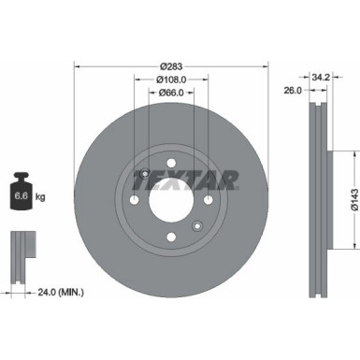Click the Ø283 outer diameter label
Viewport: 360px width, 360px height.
[170, 65]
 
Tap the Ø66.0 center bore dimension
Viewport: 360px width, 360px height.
[170, 94]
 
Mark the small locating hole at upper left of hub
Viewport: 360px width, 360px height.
[146, 172]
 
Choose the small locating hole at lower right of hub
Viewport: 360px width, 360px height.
[195, 224]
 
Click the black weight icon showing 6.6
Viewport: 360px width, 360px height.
[20, 194]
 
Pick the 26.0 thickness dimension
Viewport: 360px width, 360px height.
[292, 91]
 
